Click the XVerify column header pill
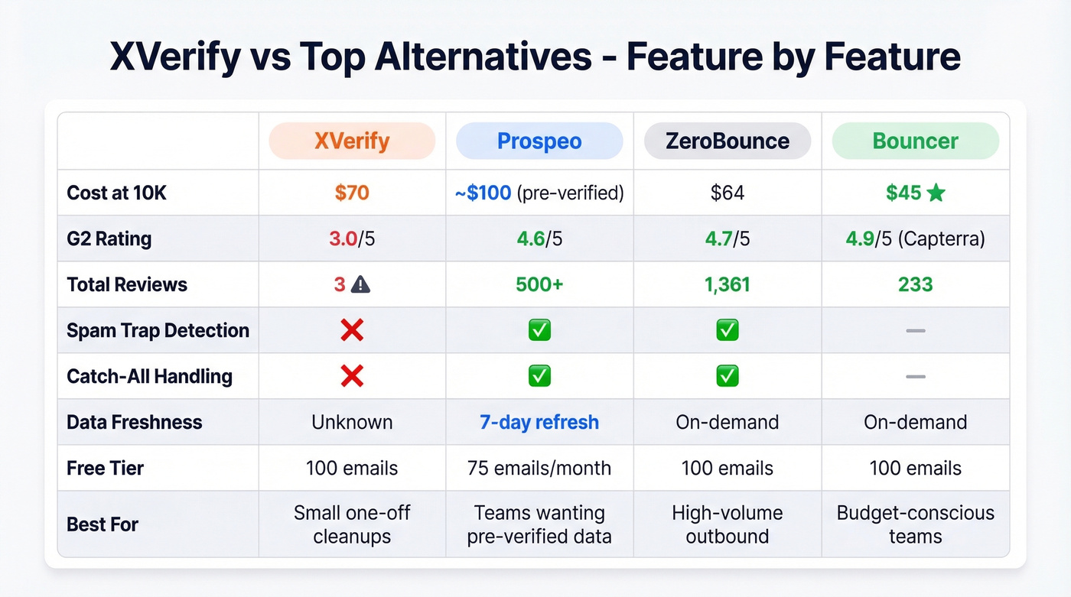352,141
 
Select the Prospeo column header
539,141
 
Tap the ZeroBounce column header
728,141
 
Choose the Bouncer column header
916,141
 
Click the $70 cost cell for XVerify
352,193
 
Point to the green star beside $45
936,193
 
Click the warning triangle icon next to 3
360,285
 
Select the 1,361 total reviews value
728,284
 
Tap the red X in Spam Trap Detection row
352,330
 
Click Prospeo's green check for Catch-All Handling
539,376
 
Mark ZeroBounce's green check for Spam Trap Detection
728,330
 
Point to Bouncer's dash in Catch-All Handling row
916,376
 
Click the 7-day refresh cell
539,422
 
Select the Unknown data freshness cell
352,422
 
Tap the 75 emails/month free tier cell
539,468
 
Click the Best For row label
103,524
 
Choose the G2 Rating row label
109,238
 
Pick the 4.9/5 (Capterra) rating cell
916,238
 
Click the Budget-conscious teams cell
916,524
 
